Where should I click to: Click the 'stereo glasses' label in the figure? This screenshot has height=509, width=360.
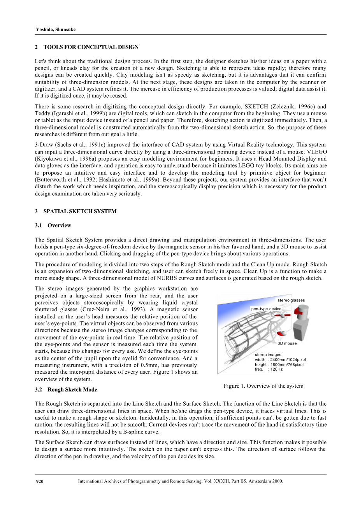pyautogui.click(x=291, y=301)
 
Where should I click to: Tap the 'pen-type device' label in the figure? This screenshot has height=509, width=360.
pyautogui.click(x=266, y=309)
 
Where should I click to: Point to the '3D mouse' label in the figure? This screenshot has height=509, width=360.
pyautogui.click(x=287, y=343)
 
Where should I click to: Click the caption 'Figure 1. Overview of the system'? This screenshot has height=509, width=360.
pyautogui.click(x=263, y=386)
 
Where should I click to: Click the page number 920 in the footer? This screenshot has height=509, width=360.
pyautogui.click(x=39, y=481)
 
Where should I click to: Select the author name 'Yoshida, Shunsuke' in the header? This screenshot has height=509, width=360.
pyautogui.click(x=56, y=30)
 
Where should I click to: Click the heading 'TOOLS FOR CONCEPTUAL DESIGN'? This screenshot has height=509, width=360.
pyautogui.click(x=91, y=47)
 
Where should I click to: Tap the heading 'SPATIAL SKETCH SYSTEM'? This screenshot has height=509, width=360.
pyautogui.click(x=80, y=212)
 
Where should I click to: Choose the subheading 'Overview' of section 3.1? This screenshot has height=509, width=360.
pyautogui.click(x=59, y=226)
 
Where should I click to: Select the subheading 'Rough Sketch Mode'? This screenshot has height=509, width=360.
pyautogui.click(x=72, y=390)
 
